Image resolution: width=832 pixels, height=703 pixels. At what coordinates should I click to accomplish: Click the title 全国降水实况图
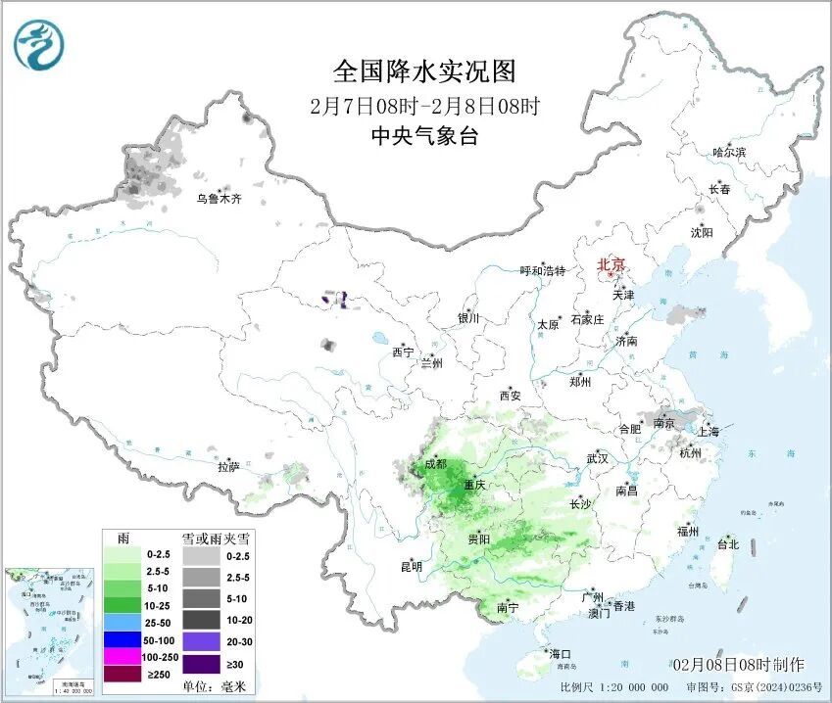click(x=424, y=71)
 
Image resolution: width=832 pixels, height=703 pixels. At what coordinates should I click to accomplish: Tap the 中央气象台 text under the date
click(x=424, y=136)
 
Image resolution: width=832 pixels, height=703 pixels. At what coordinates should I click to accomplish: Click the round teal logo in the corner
click(x=38, y=44)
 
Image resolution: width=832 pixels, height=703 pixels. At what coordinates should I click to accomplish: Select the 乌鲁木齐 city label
click(x=218, y=199)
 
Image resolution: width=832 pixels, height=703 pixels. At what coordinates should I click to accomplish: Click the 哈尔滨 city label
click(x=728, y=152)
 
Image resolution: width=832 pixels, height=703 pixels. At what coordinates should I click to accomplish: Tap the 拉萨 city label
click(x=229, y=467)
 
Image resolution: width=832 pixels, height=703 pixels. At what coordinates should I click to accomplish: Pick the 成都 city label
click(x=434, y=464)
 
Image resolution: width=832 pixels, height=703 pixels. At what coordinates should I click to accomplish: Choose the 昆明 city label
click(x=411, y=566)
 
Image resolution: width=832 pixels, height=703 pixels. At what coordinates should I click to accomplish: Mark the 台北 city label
click(x=727, y=544)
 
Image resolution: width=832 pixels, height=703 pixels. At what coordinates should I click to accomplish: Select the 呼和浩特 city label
click(x=542, y=271)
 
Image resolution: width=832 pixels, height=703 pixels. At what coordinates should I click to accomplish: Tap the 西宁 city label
click(x=403, y=351)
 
